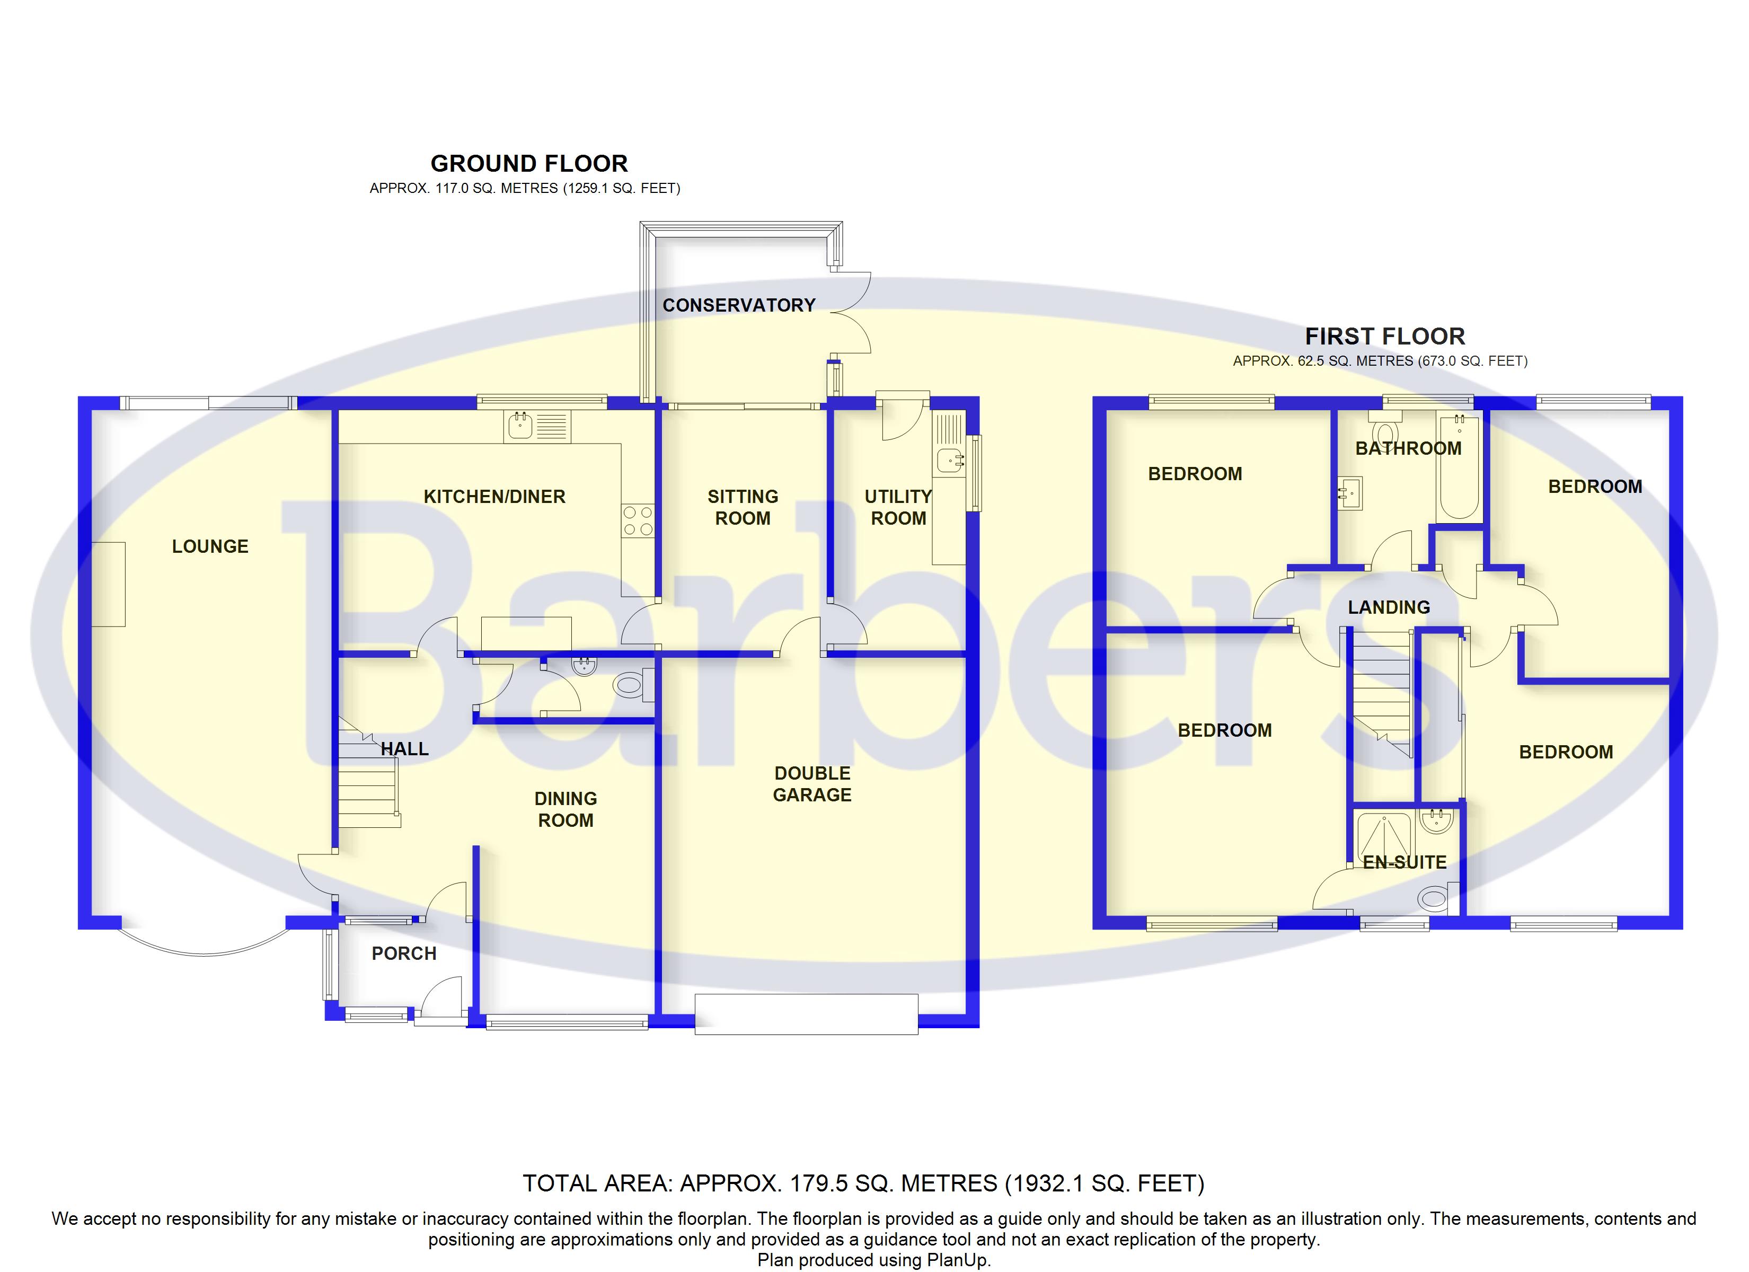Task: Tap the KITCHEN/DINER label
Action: [494, 497]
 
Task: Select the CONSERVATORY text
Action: [739, 305]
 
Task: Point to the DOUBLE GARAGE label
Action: [812, 784]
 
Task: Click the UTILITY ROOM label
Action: [898, 508]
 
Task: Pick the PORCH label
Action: [404, 953]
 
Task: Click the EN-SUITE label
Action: [1404, 862]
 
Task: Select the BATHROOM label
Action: [1408, 448]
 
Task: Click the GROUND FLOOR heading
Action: [529, 164]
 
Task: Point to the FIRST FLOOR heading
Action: [1385, 337]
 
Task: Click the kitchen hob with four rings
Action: [638, 520]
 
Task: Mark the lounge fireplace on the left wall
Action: [108, 584]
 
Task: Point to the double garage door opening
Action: [807, 1013]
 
